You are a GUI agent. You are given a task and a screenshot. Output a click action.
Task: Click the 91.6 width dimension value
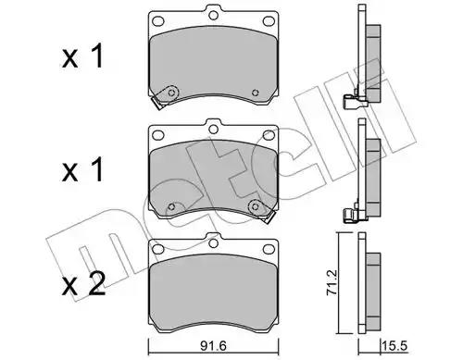(213, 346)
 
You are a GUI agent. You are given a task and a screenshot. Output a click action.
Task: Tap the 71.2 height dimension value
(332, 282)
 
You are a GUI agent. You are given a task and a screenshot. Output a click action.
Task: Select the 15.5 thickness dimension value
(394, 346)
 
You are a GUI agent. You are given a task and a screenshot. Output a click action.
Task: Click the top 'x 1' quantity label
(82, 56)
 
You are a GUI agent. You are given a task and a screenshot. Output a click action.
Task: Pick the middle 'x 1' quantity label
(82, 169)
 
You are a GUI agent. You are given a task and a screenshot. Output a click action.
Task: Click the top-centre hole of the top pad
(213, 15)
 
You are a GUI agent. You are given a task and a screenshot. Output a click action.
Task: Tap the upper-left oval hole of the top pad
(158, 21)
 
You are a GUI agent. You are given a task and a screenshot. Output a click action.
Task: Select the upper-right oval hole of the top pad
(269, 21)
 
